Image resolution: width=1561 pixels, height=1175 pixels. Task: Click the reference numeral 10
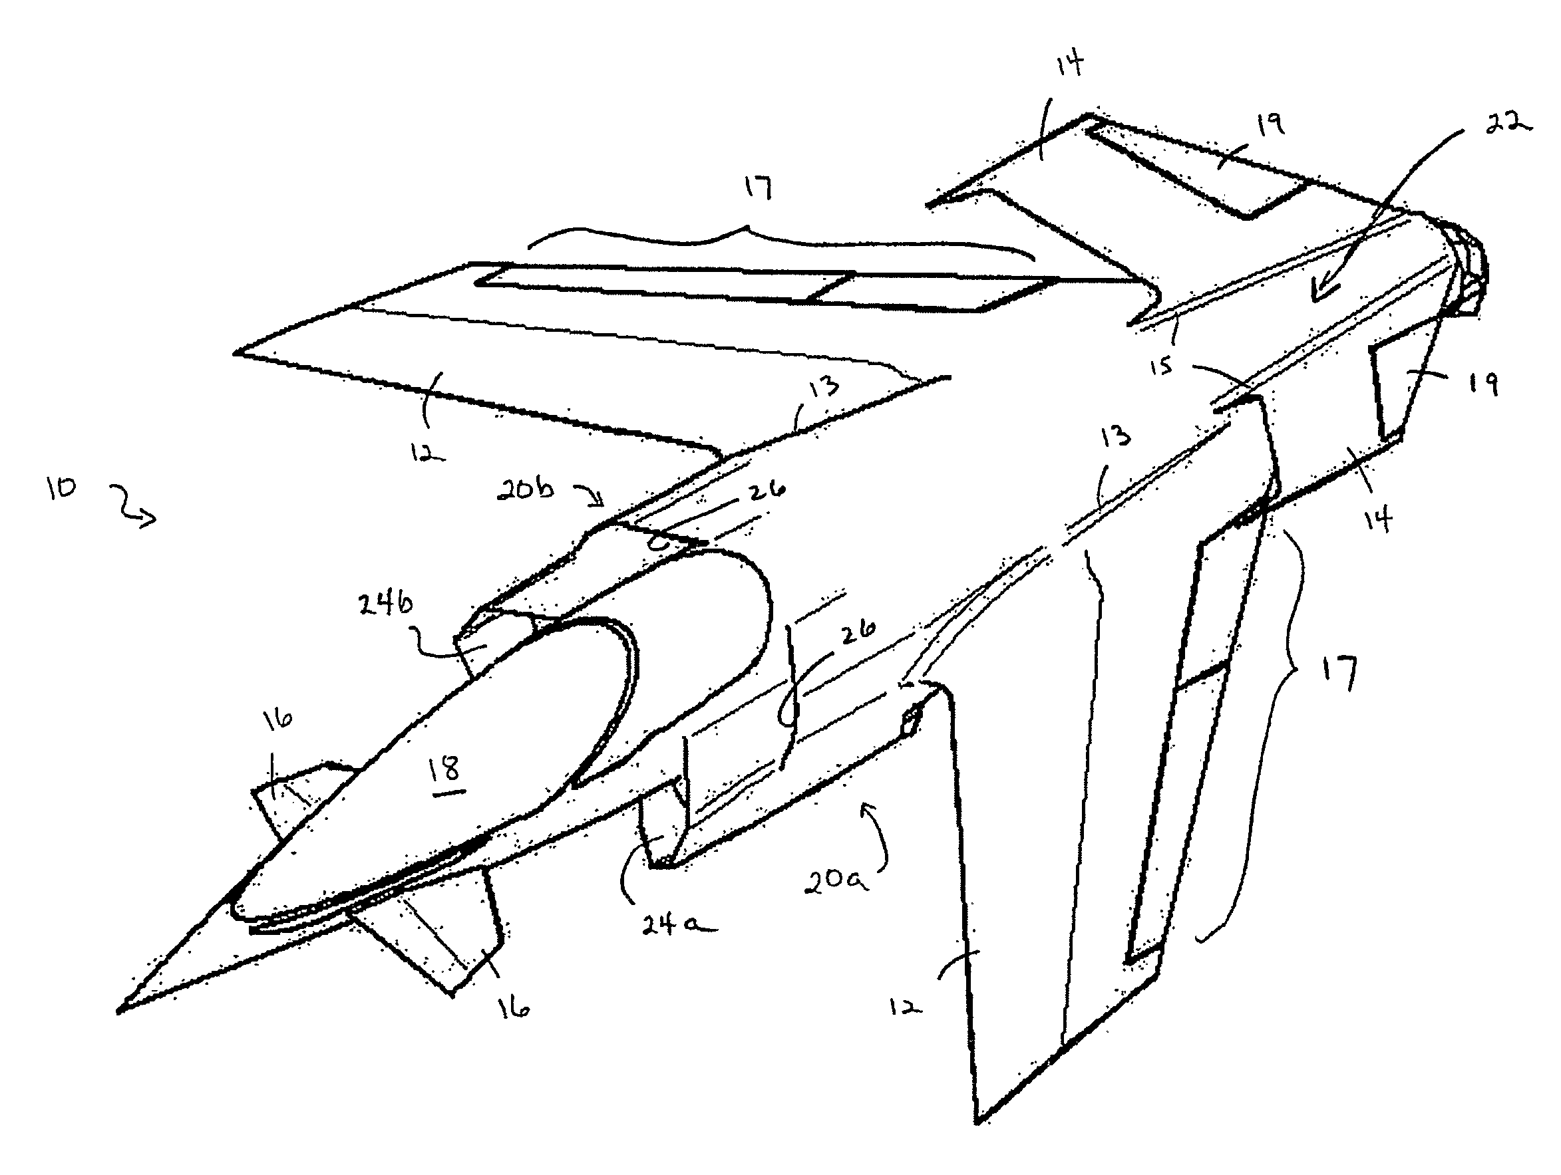coord(61,487)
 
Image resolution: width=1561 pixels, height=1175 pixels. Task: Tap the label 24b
coord(385,604)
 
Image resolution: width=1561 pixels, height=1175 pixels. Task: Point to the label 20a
coord(837,880)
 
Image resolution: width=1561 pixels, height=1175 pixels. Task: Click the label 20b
coord(526,489)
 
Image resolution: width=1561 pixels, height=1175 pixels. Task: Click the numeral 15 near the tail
coord(1161,366)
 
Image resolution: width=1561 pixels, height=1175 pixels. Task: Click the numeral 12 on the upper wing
coord(428,451)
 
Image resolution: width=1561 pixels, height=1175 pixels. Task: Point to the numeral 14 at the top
coord(1069,66)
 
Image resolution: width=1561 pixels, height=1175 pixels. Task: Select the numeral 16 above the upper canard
coord(277,720)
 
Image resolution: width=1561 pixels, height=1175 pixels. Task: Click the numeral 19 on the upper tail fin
coord(1270,126)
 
